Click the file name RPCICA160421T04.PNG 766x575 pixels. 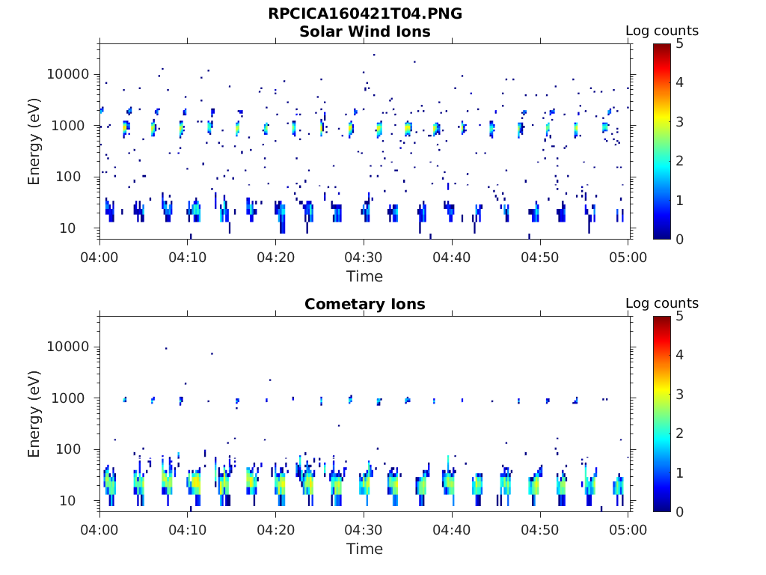pyautogui.click(x=364, y=14)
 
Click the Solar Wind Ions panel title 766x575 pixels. pyautogui.click(x=364, y=32)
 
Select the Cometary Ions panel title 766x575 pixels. pyautogui.click(x=364, y=305)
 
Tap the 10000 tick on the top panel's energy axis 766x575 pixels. pyautogui.click(x=68, y=75)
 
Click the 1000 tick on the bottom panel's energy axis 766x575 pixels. pyautogui.click(x=71, y=398)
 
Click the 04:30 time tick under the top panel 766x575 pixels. pyautogui.click(x=364, y=258)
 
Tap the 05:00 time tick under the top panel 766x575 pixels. pyautogui.click(x=628, y=258)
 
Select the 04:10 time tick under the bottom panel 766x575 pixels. pyautogui.click(x=188, y=530)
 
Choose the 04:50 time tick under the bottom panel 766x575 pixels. pyautogui.click(x=540, y=530)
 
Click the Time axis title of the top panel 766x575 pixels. pyautogui.click(x=364, y=276)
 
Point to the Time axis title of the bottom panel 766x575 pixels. pyautogui.click(x=364, y=549)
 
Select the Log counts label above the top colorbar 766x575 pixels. pyautogui.click(x=661, y=31)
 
